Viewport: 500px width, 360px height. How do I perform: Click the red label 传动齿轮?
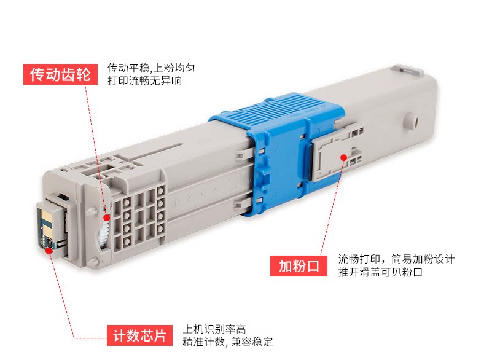pyautogui.click(x=60, y=74)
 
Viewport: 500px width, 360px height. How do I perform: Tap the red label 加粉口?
pyautogui.click(x=299, y=266)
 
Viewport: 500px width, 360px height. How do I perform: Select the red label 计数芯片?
pyautogui.click(x=140, y=336)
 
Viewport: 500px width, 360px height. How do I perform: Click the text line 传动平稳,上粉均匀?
pyautogui.click(x=151, y=68)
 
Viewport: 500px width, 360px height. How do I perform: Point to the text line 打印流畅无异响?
pyautogui.click(x=144, y=80)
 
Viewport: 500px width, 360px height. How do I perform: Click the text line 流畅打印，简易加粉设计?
pyautogui.click(x=396, y=260)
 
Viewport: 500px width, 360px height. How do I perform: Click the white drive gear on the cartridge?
pyautogui.click(x=103, y=234)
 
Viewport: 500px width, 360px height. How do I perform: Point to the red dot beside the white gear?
pyautogui.click(x=107, y=217)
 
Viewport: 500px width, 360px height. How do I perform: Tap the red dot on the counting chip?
pyautogui.click(x=48, y=249)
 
